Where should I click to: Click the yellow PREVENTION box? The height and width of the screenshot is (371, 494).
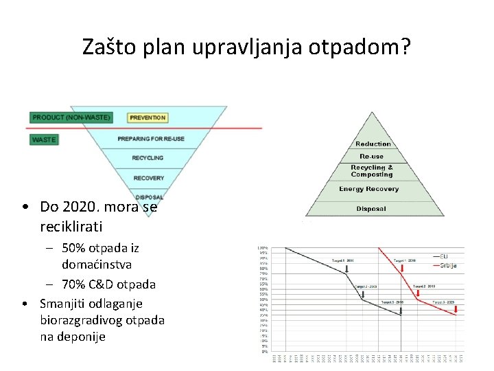[148, 117]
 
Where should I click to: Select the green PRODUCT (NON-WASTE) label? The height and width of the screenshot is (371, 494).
[71, 117]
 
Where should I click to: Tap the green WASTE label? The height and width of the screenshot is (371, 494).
[45, 139]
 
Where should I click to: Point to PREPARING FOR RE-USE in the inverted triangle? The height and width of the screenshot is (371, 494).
[151, 139]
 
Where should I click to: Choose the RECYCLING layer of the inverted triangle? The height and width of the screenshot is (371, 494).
[148, 158]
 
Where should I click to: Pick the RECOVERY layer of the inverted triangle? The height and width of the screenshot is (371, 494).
[149, 178]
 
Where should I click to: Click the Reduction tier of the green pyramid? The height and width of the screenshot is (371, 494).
[373, 144]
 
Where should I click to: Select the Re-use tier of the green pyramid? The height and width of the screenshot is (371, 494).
[372, 157]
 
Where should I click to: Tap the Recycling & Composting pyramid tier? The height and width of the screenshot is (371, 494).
[372, 170]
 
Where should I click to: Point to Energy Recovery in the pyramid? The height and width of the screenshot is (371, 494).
[369, 189]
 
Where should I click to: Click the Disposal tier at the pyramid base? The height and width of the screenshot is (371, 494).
[371, 209]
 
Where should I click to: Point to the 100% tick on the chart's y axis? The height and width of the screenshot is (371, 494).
[263, 247]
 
